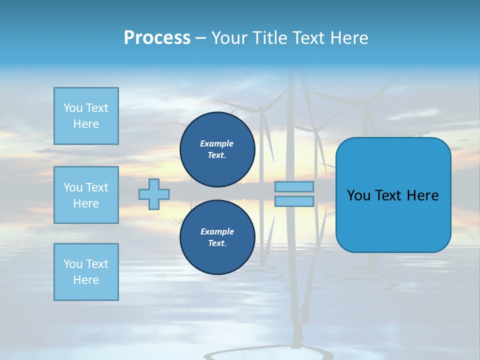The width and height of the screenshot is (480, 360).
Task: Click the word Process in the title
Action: pos(157,38)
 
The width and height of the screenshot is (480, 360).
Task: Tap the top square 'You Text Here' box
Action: pos(86,116)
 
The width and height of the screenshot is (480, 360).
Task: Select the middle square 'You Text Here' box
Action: pos(86,195)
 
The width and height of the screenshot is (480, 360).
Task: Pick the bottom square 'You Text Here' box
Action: pos(86,272)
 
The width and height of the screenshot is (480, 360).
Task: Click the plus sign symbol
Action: pos(154,194)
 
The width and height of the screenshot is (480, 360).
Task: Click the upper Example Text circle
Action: pos(217,149)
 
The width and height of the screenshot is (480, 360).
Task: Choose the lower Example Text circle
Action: pos(217,237)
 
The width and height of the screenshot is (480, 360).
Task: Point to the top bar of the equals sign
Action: pos(294,187)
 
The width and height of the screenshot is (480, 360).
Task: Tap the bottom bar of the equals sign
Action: pos(294,201)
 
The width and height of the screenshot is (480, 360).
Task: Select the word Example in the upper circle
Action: pos(217,143)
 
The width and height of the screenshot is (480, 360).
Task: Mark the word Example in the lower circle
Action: pos(217,231)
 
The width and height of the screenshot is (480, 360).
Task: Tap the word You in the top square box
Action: pos(73,108)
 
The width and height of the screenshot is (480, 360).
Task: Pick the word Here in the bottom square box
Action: pos(86,280)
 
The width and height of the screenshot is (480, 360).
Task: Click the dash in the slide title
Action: pos(200,38)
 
